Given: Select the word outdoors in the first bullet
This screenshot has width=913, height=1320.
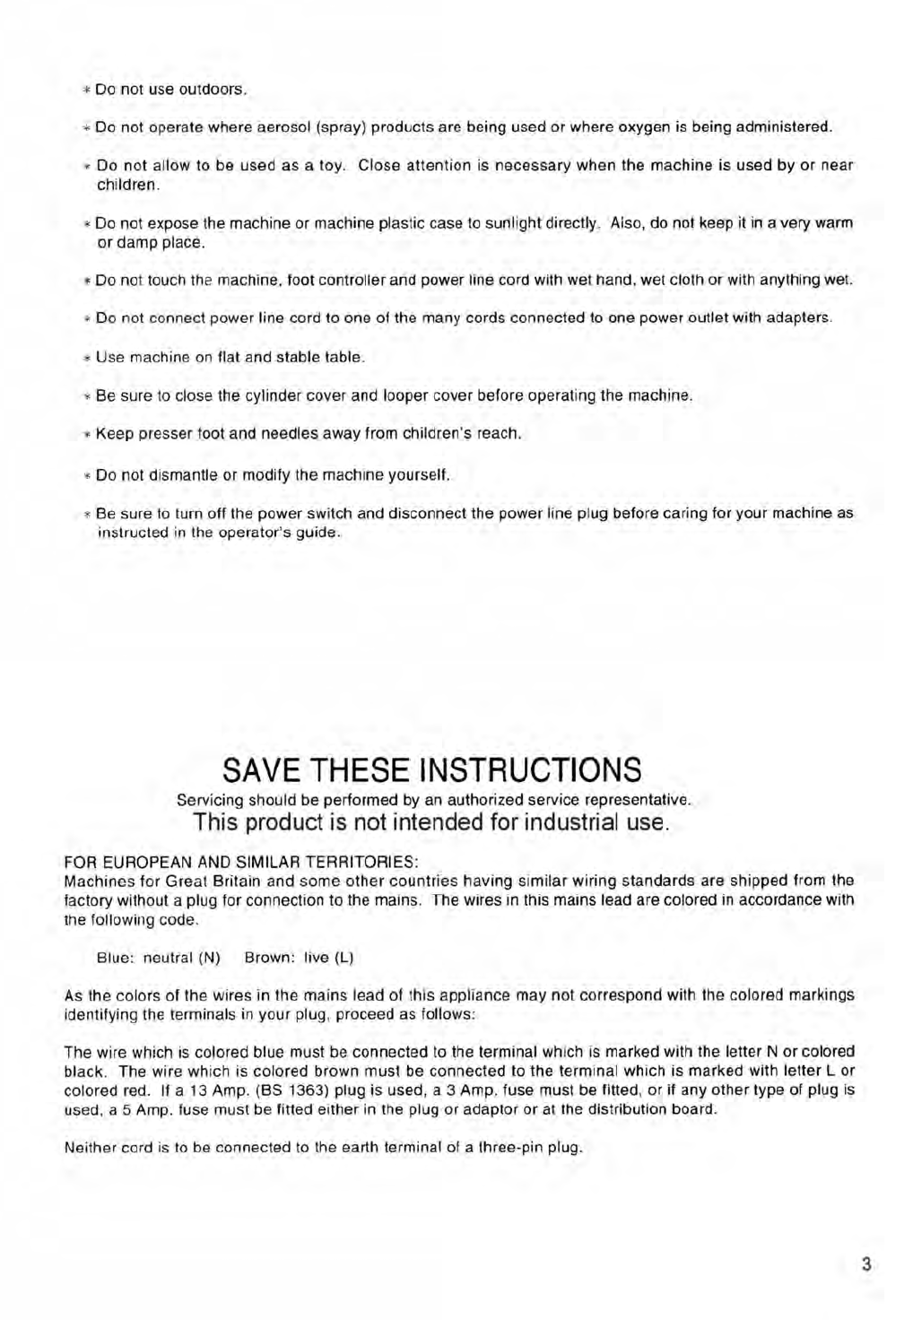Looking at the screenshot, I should (212, 90).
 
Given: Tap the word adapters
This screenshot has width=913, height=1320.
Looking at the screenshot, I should (798, 317).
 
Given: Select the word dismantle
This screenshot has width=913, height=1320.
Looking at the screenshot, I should (160, 474).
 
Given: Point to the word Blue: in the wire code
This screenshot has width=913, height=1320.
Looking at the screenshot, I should (116, 957).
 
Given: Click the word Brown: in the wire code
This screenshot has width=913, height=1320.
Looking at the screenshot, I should (270, 957).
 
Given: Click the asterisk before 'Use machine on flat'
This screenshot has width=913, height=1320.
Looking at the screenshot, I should (87, 357).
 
